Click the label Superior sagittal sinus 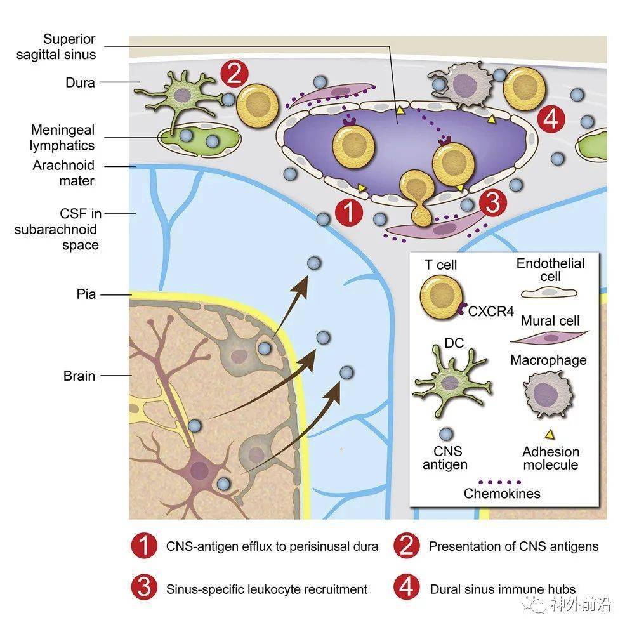(x=56, y=47)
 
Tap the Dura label (x=80, y=82)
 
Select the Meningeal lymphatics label (x=62, y=138)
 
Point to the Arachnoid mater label (x=63, y=173)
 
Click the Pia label (x=86, y=294)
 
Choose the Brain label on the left (x=79, y=376)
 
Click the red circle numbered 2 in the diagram (x=235, y=74)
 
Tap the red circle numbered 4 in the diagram (x=551, y=119)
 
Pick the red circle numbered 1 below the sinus (x=349, y=211)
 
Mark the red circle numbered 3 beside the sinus (x=493, y=203)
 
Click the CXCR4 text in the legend (x=491, y=311)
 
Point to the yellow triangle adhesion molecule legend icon (x=550, y=435)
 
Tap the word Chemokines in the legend (x=502, y=493)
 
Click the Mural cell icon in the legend (x=550, y=338)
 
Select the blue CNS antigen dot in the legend (x=446, y=434)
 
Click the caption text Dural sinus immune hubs (x=503, y=589)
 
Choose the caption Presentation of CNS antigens (x=513, y=546)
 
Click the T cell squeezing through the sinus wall (x=418, y=197)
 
